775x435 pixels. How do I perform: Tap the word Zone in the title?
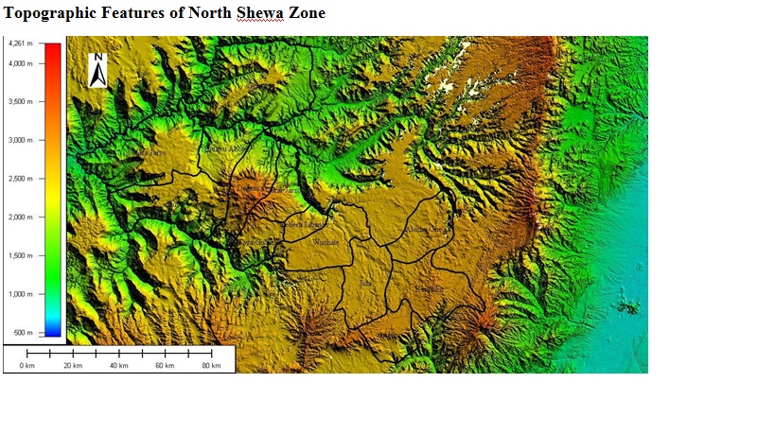click(306, 13)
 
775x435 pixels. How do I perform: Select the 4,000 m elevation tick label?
click(20, 63)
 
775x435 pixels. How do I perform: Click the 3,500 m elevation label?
click(20, 102)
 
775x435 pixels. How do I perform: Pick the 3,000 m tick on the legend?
click(20, 140)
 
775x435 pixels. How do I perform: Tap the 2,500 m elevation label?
click(20, 179)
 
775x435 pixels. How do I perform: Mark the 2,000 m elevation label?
click(20, 217)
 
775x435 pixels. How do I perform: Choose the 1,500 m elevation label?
click(20, 255)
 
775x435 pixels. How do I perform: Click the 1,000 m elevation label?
click(20, 294)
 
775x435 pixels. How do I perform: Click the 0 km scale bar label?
click(26, 366)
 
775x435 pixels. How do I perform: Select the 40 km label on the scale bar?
click(118, 366)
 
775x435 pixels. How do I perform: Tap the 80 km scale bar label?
click(211, 366)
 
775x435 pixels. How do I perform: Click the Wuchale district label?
click(326, 243)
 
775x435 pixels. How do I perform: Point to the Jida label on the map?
click(366, 283)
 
